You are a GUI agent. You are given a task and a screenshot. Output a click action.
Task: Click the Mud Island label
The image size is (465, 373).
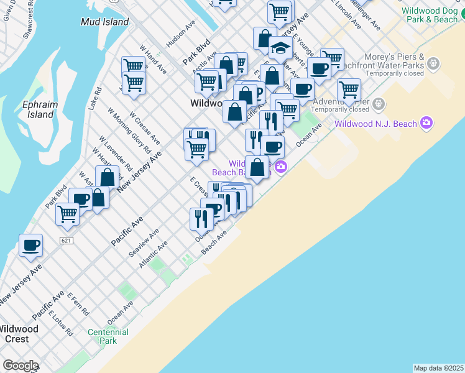click(104, 22)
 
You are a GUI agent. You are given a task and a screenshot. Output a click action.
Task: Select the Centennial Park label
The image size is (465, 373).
click(108, 336)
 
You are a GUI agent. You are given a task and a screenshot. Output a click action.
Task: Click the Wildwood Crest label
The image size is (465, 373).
click(18, 334)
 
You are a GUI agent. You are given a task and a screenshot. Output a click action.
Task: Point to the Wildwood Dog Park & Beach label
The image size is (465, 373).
click(429, 15)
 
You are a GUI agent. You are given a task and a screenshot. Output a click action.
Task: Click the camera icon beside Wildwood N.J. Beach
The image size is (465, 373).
click(426, 122)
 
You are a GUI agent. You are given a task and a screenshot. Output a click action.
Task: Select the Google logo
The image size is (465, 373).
click(21, 366)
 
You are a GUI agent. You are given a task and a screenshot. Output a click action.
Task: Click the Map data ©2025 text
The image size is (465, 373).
click(438, 368)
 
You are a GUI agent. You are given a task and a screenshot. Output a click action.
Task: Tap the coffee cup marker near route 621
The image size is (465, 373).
click(30, 245)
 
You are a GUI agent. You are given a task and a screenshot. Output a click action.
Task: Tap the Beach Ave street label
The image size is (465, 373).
click(213, 243)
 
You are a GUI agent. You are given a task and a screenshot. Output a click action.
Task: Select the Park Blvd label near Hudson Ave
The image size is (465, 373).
click(197, 54)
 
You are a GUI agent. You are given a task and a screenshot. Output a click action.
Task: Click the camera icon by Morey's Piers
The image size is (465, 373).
click(433, 63)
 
